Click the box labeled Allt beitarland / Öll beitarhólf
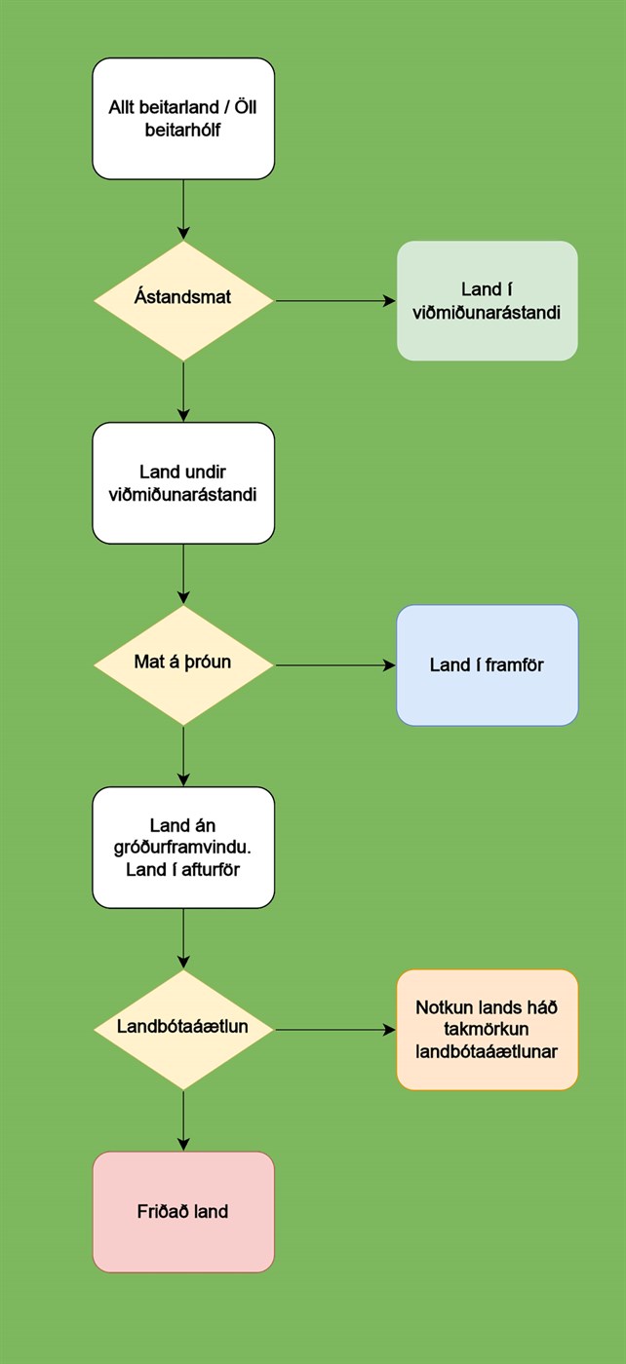pos(183,118)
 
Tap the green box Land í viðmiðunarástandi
pos(487,301)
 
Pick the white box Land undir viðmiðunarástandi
pos(183,482)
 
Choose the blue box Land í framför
pos(487,665)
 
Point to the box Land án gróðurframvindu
pos(183,848)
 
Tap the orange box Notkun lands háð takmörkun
pos(487,1029)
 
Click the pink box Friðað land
pos(183,1212)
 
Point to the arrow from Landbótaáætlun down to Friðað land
pos(183,1120)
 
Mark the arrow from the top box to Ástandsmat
pos(183,209)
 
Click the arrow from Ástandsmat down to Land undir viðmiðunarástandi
pos(183,391)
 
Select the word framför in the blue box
pos(512,665)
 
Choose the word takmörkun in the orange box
pos(487,1029)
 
